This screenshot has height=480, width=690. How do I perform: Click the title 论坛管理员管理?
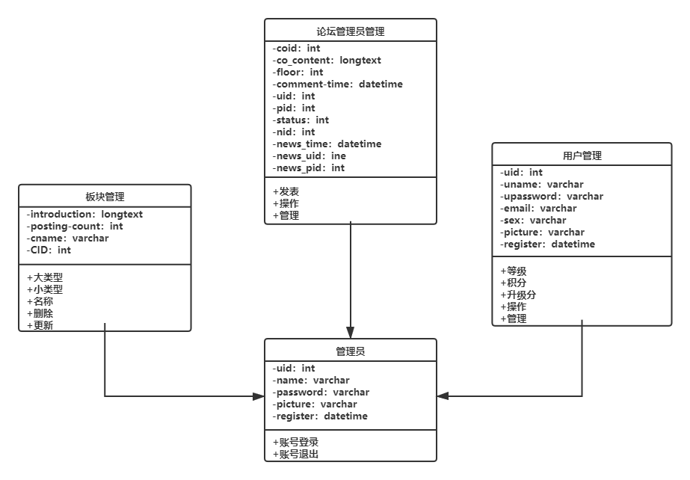click(351, 31)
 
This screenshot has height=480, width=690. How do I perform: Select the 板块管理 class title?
click(105, 197)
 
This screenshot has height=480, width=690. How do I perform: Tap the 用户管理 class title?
click(582, 156)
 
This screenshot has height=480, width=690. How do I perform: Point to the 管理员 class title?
click(351, 351)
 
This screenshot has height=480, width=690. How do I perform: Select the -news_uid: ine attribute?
click(309, 156)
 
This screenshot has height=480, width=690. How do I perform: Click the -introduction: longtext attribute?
click(84, 215)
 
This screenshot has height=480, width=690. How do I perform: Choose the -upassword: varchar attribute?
click(552, 197)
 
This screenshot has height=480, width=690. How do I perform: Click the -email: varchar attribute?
click(538, 209)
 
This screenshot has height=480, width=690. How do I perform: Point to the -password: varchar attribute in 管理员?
click(321, 393)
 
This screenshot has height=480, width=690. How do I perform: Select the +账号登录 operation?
click(296, 442)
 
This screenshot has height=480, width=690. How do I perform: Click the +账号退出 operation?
click(296, 454)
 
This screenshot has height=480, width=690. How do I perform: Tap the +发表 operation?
click(286, 191)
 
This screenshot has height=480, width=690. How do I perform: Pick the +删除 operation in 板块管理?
click(40, 313)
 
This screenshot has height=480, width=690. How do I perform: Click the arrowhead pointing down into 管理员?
click(351, 333)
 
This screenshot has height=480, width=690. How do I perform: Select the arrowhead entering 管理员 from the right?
click(443, 396)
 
